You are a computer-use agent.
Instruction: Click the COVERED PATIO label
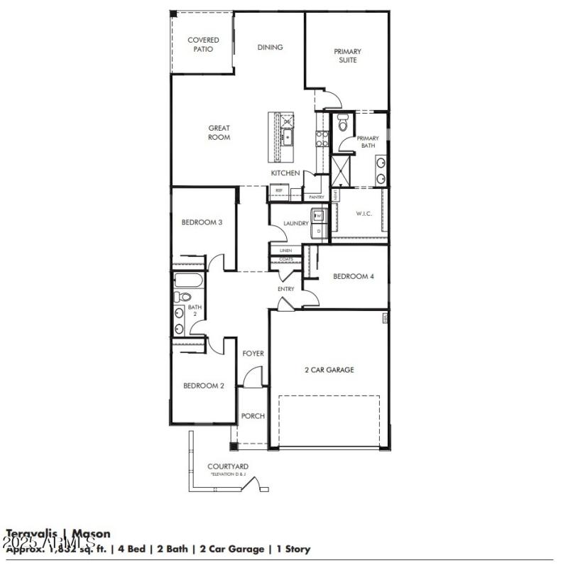click(203, 45)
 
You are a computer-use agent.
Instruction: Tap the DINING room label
click(270, 48)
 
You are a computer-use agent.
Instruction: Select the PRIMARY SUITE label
click(347, 55)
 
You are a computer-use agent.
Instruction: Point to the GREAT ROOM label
click(219, 133)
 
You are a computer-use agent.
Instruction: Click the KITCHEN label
click(285, 173)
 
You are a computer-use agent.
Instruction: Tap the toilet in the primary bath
click(342, 124)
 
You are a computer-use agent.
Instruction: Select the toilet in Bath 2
click(182, 297)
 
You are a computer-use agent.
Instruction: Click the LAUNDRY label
click(295, 223)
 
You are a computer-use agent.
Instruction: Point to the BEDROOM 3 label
click(202, 222)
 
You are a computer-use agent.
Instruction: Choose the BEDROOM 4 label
click(353, 276)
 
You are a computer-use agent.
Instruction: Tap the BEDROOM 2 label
click(204, 386)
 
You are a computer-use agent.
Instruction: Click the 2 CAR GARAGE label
click(329, 369)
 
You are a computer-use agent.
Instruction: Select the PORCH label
click(252, 416)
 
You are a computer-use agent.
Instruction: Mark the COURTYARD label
click(227, 466)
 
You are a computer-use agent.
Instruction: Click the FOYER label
click(253, 353)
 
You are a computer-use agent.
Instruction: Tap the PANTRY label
click(316, 197)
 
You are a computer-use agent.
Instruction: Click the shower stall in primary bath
click(341, 170)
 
